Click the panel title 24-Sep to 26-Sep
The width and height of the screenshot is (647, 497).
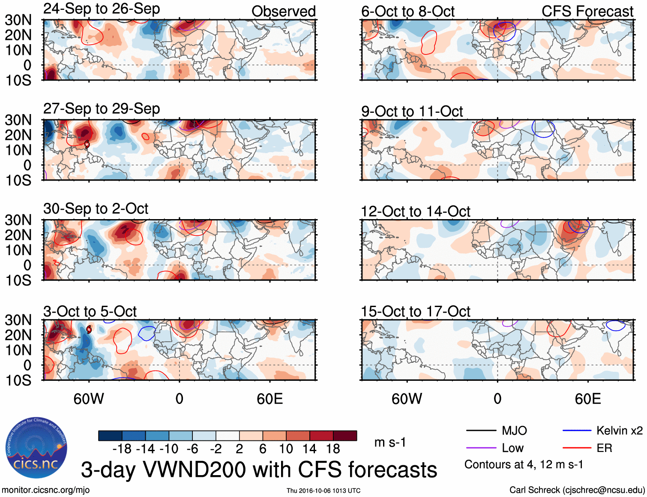click(x=102, y=9)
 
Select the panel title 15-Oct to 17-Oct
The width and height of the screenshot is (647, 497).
click(x=415, y=312)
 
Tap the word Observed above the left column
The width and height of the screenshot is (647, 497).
click(x=283, y=12)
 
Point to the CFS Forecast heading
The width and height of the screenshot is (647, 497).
click(x=587, y=12)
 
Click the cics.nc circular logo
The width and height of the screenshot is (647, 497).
click(x=36, y=448)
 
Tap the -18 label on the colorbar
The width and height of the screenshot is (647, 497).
click(x=122, y=449)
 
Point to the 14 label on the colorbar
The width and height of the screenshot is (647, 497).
click(x=309, y=449)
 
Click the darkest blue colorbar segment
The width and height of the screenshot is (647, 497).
click(x=110, y=436)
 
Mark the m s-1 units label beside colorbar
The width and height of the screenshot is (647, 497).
click(x=390, y=442)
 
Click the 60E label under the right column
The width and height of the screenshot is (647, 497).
click(x=587, y=399)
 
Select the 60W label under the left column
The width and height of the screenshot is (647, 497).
click(x=89, y=399)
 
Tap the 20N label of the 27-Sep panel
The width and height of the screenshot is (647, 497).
click(x=18, y=135)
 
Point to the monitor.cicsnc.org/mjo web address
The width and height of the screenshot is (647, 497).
click(x=46, y=490)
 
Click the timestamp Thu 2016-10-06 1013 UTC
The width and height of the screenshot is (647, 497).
click(x=323, y=491)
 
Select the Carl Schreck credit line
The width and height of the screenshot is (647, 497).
click(x=577, y=490)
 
